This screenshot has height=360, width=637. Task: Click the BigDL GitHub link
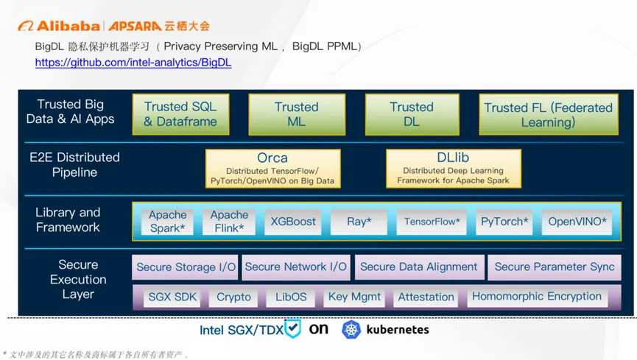tap(133, 63)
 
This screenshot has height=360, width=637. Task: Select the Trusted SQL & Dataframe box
tap(180, 115)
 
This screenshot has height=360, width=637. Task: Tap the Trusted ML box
tap(296, 115)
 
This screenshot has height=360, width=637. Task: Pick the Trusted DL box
tap(412, 115)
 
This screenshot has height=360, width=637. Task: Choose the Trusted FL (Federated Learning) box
tap(548, 115)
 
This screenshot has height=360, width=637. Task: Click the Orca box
tap(272, 169)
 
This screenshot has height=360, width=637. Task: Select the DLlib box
tap(453, 169)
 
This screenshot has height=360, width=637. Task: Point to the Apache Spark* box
tap(167, 222)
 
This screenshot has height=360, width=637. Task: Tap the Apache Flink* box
tap(229, 222)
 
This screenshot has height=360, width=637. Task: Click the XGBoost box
tap(293, 222)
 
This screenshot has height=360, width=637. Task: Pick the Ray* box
tap(359, 222)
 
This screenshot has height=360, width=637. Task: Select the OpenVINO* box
tap(578, 222)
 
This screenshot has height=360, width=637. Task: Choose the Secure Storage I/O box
tap(186, 267)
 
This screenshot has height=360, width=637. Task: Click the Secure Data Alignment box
tap(418, 267)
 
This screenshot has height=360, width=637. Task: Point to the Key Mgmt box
tap(355, 297)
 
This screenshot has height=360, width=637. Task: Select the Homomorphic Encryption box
tap(537, 297)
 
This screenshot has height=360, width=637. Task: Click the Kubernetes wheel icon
tap(351, 329)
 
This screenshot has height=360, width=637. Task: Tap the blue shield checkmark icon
tap(293, 328)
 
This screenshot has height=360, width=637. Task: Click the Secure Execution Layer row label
tap(78, 280)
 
